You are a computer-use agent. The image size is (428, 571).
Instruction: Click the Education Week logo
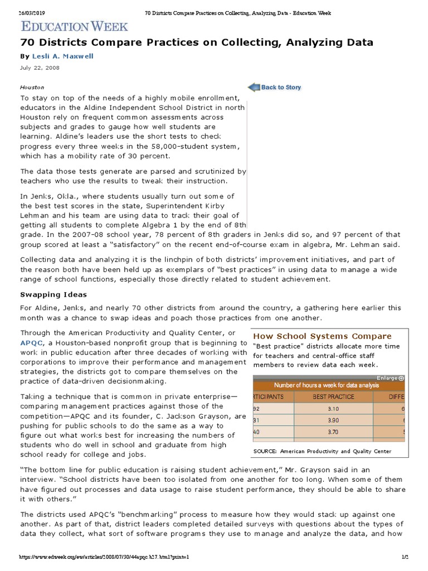coord(75,26)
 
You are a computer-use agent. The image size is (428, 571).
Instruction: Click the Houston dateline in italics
coord(32,88)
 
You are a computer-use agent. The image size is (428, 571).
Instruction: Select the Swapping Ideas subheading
coord(53,294)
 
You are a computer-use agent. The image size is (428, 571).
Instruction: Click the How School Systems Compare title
coord(322,336)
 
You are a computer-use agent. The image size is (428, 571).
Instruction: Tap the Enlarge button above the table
coord(390,378)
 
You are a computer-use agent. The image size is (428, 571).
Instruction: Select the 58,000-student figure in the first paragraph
coord(167,147)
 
